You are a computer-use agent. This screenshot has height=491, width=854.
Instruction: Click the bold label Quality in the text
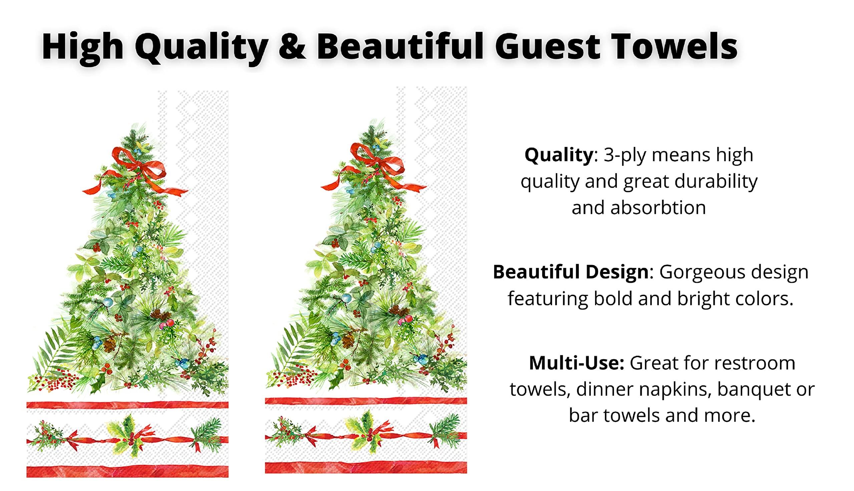(558, 155)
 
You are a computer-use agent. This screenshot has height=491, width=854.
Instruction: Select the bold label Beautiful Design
(570, 272)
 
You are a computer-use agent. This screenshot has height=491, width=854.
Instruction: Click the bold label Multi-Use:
(577, 363)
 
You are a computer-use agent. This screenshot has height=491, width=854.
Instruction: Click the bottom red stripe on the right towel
(366, 467)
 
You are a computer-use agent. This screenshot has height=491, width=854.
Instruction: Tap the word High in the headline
(83, 47)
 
